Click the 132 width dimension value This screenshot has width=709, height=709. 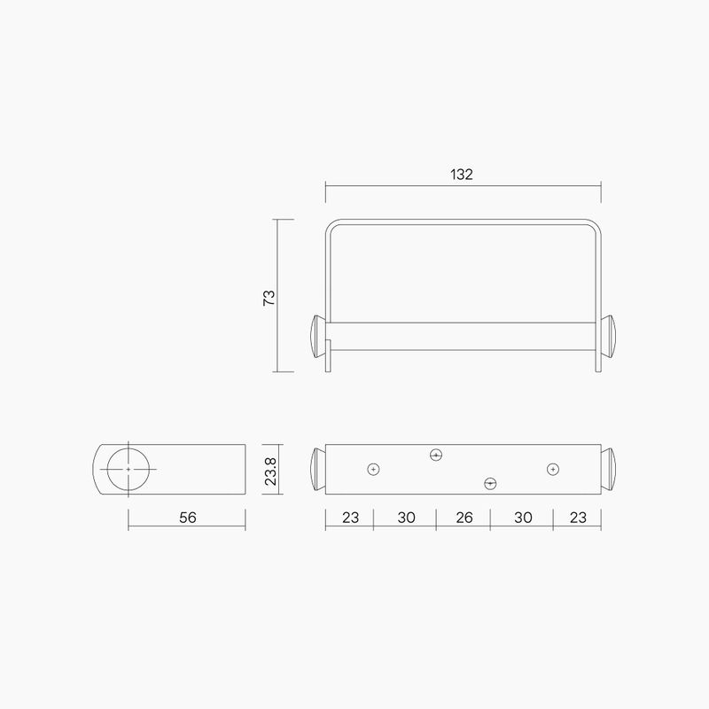pyautogui.click(x=461, y=175)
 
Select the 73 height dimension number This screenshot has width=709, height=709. pyautogui.click(x=269, y=296)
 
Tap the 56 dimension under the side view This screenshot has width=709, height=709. pyautogui.click(x=187, y=518)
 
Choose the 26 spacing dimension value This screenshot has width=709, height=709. pyautogui.click(x=464, y=518)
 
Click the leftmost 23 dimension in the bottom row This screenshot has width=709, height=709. pyautogui.click(x=350, y=518)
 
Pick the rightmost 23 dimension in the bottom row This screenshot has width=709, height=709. pyautogui.click(x=577, y=518)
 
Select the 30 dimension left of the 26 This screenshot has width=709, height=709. pyautogui.click(x=406, y=518)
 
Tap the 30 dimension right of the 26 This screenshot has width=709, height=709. pyautogui.click(x=522, y=518)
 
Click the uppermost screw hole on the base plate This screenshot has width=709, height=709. pyautogui.click(x=435, y=455)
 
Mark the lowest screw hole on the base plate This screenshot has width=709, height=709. pyautogui.click(x=490, y=483)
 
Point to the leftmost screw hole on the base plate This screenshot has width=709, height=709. pyautogui.click(x=374, y=469)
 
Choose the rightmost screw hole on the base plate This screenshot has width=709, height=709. pyautogui.click(x=552, y=469)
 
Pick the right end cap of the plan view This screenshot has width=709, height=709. pyautogui.click(x=611, y=469)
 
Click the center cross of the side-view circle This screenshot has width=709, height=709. pyautogui.click(x=129, y=468)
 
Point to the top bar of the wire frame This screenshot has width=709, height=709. pyautogui.click(x=463, y=219)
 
